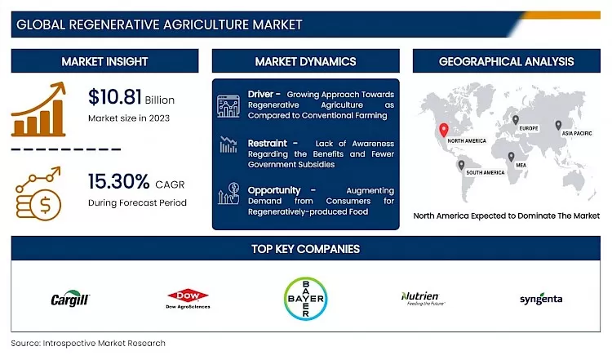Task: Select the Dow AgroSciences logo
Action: pyautogui.click(x=188, y=299)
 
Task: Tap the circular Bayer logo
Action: pyautogui.click(x=306, y=300)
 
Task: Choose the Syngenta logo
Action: pyautogui.click(x=541, y=300)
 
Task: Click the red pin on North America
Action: pyautogui.click(x=443, y=130)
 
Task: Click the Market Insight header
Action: pyautogui.click(x=104, y=61)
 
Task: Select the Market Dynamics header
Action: pyautogui.click(x=305, y=61)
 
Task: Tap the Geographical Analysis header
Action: pyautogui.click(x=506, y=61)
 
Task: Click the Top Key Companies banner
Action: pyautogui.click(x=306, y=249)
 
